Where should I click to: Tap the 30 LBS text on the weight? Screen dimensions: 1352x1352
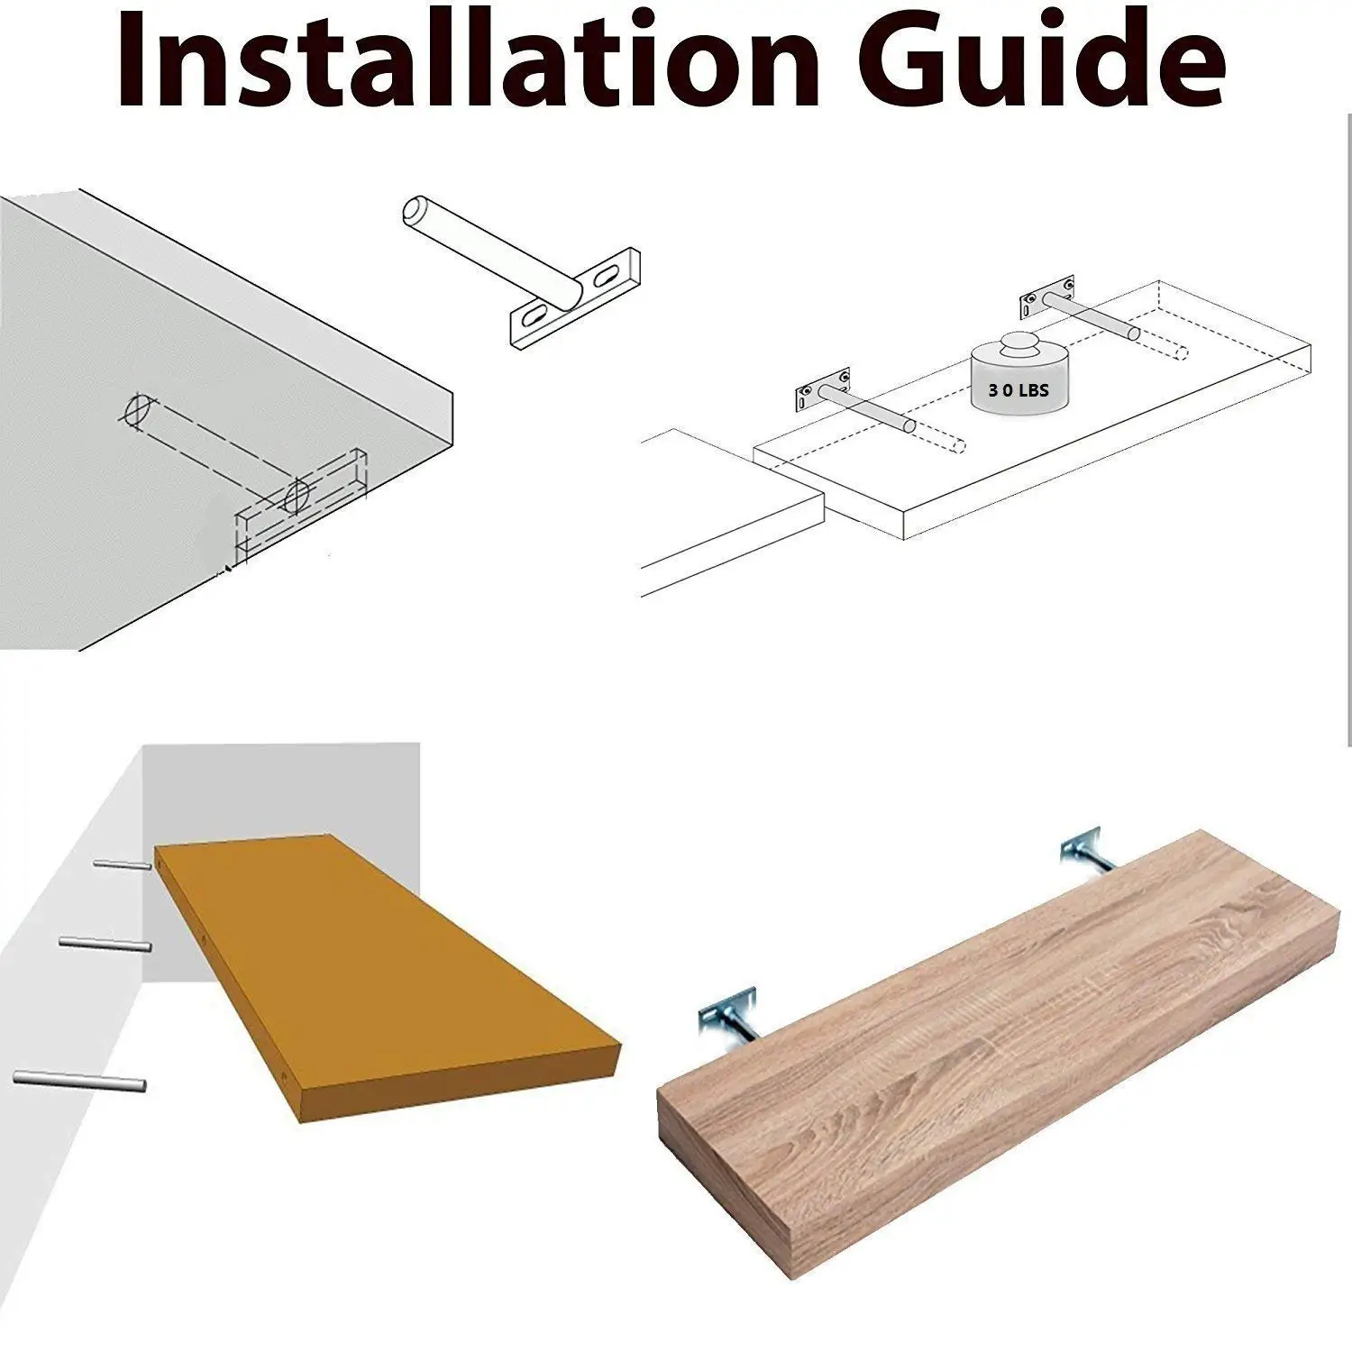(1018, 391)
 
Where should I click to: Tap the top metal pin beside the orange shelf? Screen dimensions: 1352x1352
(123, 865)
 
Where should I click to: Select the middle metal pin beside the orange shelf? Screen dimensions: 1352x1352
(105, 944)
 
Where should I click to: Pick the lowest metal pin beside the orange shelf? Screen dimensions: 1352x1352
(80, 1081)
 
